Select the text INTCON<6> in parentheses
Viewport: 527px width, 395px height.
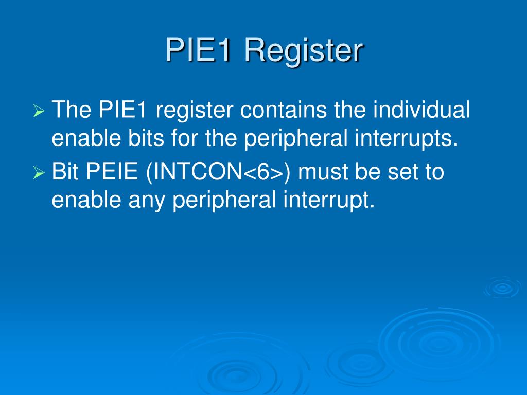pyautogui.click(x=218, y=172)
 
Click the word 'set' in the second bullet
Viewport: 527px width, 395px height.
pyautogui.click(x=405, y=172)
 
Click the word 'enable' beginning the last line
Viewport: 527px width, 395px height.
pyautogui.click(x=82, y=200)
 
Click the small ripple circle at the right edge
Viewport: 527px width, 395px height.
pyautogui.click(x=502, y=288)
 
